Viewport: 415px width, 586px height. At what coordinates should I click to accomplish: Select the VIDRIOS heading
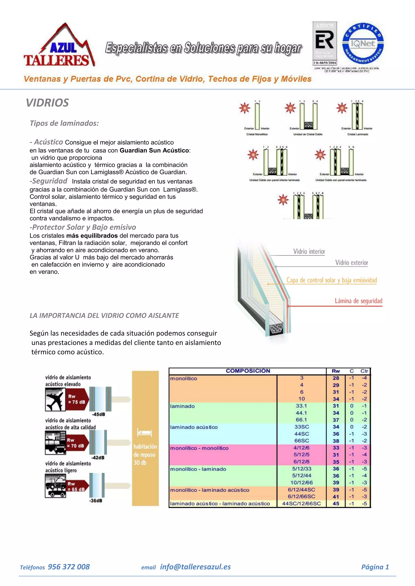(x=48, y=103)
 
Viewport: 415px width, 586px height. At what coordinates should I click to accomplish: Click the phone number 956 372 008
(x=69, y=567)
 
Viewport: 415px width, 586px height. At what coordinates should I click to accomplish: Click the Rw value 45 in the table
(x=336, y=504)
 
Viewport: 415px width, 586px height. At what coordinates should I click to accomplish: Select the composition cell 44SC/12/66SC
(x=301, y=504)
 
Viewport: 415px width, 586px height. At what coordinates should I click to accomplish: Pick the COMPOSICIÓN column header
(x=248, y=371)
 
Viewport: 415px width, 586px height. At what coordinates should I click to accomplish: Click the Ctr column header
(x=364, y=371)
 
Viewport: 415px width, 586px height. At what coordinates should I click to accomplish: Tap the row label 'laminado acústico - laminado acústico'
(x=220, y=504)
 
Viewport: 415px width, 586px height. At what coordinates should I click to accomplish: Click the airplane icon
(x=55, y=400)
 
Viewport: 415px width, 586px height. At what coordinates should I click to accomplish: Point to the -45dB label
(x=99, y=414)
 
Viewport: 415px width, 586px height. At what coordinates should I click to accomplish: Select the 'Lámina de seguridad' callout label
(x=358, y=301)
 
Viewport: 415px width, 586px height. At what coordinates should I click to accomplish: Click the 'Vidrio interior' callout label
(x=309, y=252)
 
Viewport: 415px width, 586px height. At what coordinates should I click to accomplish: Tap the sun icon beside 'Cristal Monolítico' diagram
(x=245, y=108)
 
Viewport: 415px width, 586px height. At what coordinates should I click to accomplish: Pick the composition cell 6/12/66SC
(x=301, y=496)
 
